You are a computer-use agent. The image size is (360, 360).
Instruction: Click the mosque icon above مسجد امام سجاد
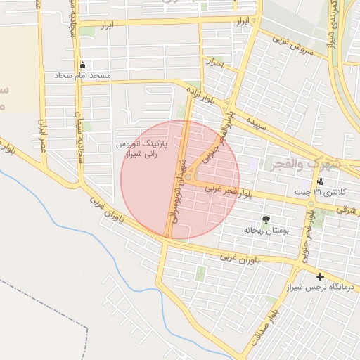coord(82,65)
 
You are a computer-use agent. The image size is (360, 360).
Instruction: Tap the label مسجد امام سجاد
coord(82,75)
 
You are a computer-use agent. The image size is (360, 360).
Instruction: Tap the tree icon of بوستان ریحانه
coord(265,219)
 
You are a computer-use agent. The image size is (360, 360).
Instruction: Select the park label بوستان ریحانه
coord(262,230)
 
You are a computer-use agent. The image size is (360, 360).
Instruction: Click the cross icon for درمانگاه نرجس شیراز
coord(321,277)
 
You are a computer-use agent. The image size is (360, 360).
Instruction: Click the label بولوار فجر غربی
coord(228,191)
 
